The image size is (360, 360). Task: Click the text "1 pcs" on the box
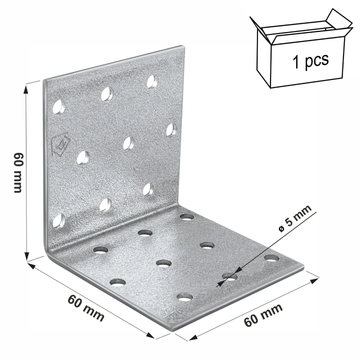tap(310, 60)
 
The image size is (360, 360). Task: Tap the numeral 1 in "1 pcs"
tap(296, 62)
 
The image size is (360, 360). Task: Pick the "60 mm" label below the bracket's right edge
tap(263, 315)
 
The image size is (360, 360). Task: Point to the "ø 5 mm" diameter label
tap(295, 218)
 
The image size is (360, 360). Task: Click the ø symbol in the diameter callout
tap(281, 228)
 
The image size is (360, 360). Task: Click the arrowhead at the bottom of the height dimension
tap(27, 256)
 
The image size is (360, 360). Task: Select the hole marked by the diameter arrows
tap(229, 277)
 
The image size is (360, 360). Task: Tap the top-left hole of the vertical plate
tap(59, 107)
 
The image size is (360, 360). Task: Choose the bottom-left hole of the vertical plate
tap(59, 220)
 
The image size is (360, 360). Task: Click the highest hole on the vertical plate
tap(152, 81)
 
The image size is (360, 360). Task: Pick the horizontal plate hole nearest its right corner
tap(271, 258)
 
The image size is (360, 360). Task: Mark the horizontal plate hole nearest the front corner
tap(185, 297)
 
